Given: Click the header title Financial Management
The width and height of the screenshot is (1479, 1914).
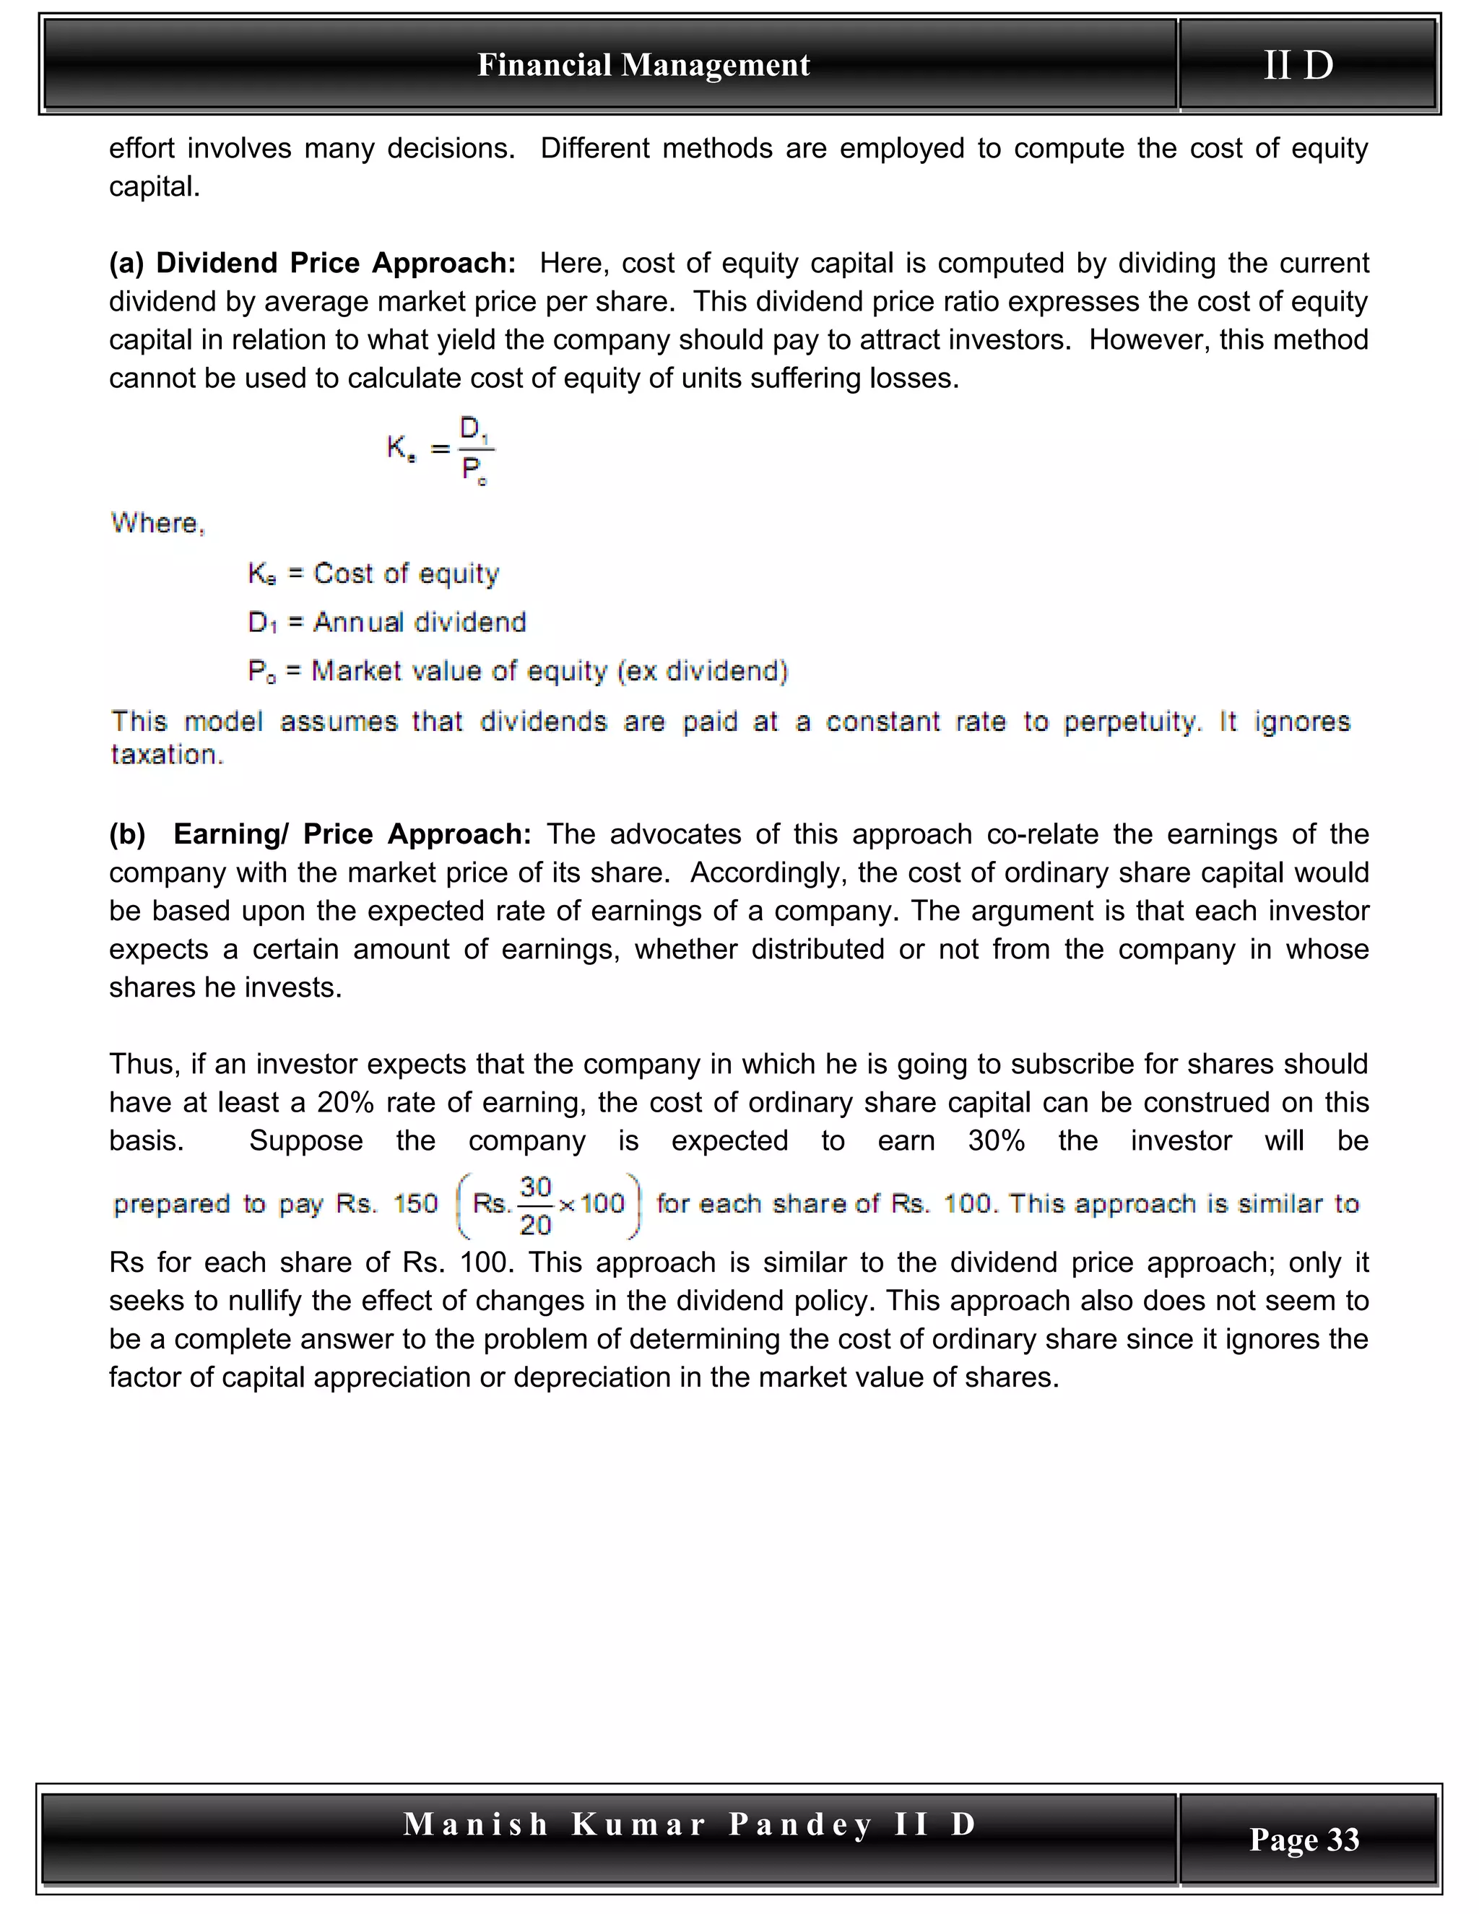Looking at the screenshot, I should pyautogui.click(x=643, y=65).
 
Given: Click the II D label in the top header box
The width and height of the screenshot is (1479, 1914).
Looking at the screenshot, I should pyautogui.click(x=1298, y=65).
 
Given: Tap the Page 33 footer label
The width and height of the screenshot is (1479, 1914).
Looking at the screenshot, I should pyautogui.click(x=1304, y=1839).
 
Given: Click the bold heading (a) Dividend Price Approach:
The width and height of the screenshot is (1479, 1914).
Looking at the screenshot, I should pyautogui.click(x=312, y=263).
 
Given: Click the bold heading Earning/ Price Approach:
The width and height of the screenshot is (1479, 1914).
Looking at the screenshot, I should pyautogui.click(x=352, y=833).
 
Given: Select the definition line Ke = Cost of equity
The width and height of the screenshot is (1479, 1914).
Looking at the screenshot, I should pyautogui.click(x=373, y=573).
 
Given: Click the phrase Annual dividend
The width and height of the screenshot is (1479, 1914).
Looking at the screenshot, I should pyautogui.click(x=420, y=622).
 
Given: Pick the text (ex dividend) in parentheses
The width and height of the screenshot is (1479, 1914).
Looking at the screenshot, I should pyautogui.click(x=703, y=671).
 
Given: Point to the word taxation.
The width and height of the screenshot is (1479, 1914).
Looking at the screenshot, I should pyautogui.click(x=167, y=755).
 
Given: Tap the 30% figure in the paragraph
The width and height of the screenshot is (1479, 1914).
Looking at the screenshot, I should pyautogui.click(x=996, y=1140).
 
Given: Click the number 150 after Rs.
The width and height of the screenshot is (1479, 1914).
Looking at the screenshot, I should pyautogui.click(x=415, y=1203).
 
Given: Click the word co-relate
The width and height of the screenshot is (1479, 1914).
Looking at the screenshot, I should pyautogui.click(x=1043, y=833).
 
